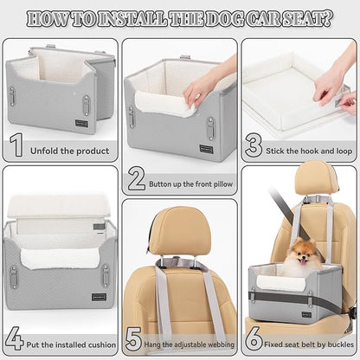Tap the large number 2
coord(136,179)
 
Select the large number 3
coord(254,145)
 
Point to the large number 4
coord(15,338)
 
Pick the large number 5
coord(133,338)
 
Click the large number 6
coord(254,338)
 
